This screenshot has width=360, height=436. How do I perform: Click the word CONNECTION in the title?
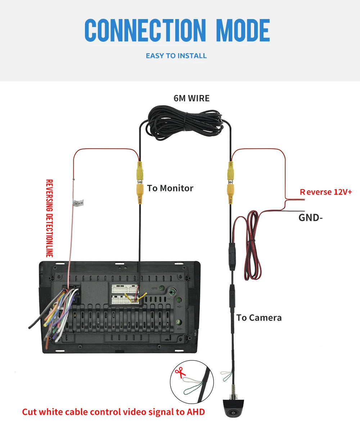pos(145,30)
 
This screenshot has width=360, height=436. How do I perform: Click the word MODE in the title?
pos(243,30)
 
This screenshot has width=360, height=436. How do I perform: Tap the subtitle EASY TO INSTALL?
pos(176,56)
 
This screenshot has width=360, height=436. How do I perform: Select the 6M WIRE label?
pos(192,98)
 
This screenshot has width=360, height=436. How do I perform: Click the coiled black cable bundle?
pos(185,123)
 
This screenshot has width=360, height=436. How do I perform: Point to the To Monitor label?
pos(170,188)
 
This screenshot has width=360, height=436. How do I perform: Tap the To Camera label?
pos(259,318)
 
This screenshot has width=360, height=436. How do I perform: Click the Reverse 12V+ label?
pos(326,192)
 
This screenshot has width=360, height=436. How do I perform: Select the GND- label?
pos(310,218)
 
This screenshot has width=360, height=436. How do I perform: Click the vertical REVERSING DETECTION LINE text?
pos(49,218)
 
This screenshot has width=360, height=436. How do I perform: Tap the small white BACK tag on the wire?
pos(78,203)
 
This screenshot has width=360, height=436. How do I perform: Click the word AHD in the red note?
pos(196,412)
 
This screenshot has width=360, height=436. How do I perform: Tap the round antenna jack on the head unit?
pos(172,291)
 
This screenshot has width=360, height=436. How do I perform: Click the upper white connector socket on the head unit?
pos(125,289)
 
